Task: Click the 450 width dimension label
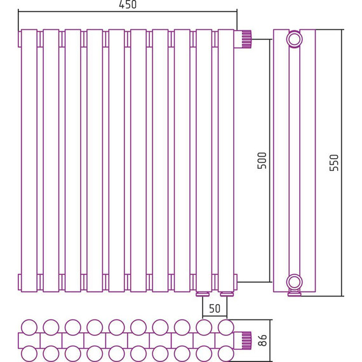point(128,4)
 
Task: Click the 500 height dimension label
point(262,161)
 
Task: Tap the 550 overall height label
point(334,163)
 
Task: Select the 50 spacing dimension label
point(215,309)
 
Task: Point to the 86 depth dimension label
point(262,340)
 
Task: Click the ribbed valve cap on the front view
point(246,39)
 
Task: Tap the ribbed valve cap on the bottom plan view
point(246,340)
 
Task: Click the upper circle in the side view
point(294,39)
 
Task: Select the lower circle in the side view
point(294,282)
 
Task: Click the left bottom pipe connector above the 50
point(203,294)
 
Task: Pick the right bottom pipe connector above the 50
point(227,294)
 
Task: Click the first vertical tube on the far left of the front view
point(29,161)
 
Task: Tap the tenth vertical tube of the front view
point(226,161)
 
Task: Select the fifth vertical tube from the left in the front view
point(117,161)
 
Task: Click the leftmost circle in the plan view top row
point(29,327)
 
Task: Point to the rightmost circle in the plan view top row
point(226,327)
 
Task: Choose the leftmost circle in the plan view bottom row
point(29,354)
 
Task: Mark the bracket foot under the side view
point(294,293)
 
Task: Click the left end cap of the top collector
point(20,39)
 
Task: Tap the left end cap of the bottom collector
point(20,282)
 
